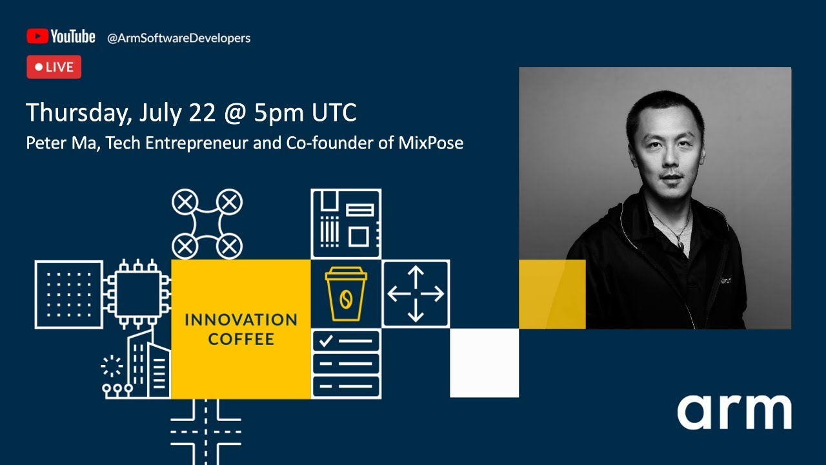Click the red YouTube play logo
[37, 36]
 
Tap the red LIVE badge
[54, 67]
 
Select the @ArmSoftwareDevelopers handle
[179, 38]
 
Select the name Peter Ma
[62, 143]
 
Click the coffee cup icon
[346, 294]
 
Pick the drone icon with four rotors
[206, 223]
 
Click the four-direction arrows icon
[416, 294]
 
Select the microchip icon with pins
[137, 293]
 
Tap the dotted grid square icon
[69, 294]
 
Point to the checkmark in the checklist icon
[326, 340]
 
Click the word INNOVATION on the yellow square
[241, 320]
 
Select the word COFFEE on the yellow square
[241, 339]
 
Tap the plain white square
[484, 363]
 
